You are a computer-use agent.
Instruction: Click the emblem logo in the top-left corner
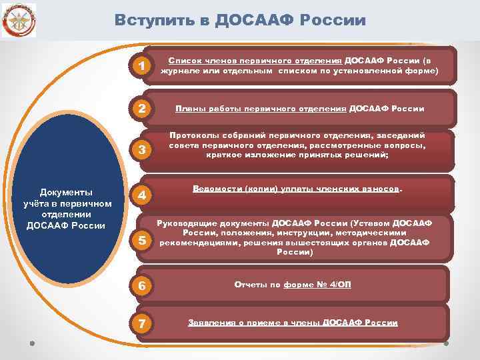(19, 19)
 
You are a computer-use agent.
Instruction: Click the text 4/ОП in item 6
(339, 285)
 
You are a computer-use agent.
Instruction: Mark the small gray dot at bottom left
(32, 344)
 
